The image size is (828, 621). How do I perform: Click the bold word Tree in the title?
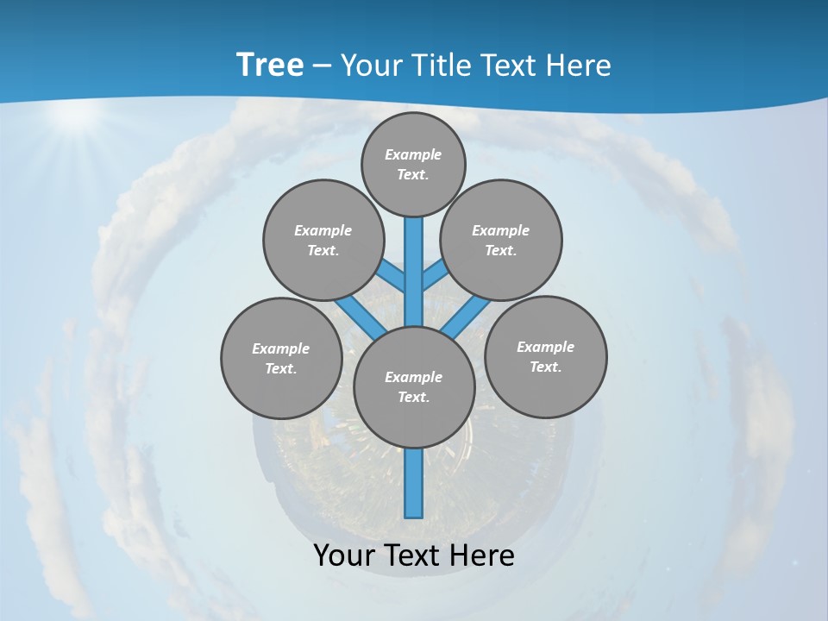[270, 65]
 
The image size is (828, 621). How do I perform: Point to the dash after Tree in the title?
[322, 66]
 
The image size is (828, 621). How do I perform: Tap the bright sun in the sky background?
[76, 116]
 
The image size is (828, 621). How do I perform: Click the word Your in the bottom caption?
[345, 555]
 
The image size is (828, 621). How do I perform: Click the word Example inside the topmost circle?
[413, 155]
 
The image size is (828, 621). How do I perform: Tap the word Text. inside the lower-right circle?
[545, 367]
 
